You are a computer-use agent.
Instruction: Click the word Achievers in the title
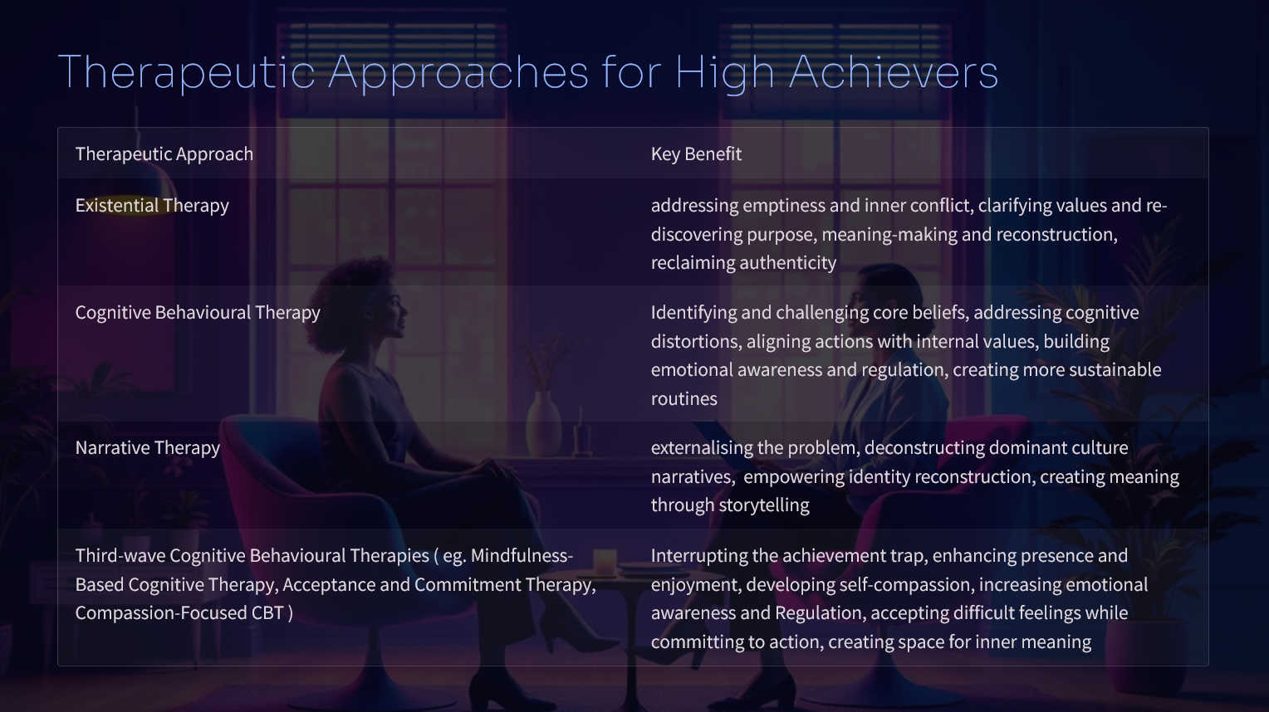coord(894,72)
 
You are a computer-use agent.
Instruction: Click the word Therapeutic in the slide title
coord(186,73)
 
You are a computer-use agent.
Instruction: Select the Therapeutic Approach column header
coord(164,154)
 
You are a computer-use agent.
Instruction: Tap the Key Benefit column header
coord(696,154)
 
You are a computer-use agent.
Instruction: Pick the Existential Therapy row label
coord(152,206)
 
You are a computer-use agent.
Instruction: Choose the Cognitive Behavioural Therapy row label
coord(198,312)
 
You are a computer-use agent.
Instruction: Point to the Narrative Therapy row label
coord(147,447)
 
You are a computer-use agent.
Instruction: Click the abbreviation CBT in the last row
coord(268,613)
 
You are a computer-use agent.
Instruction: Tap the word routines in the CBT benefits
coord(683,399)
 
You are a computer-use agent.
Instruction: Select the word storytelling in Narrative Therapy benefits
coord(764,505)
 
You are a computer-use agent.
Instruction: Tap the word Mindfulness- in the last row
coord(522,556)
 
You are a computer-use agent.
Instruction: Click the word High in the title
coord(724,73)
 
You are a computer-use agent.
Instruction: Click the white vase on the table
coord(543,422)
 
